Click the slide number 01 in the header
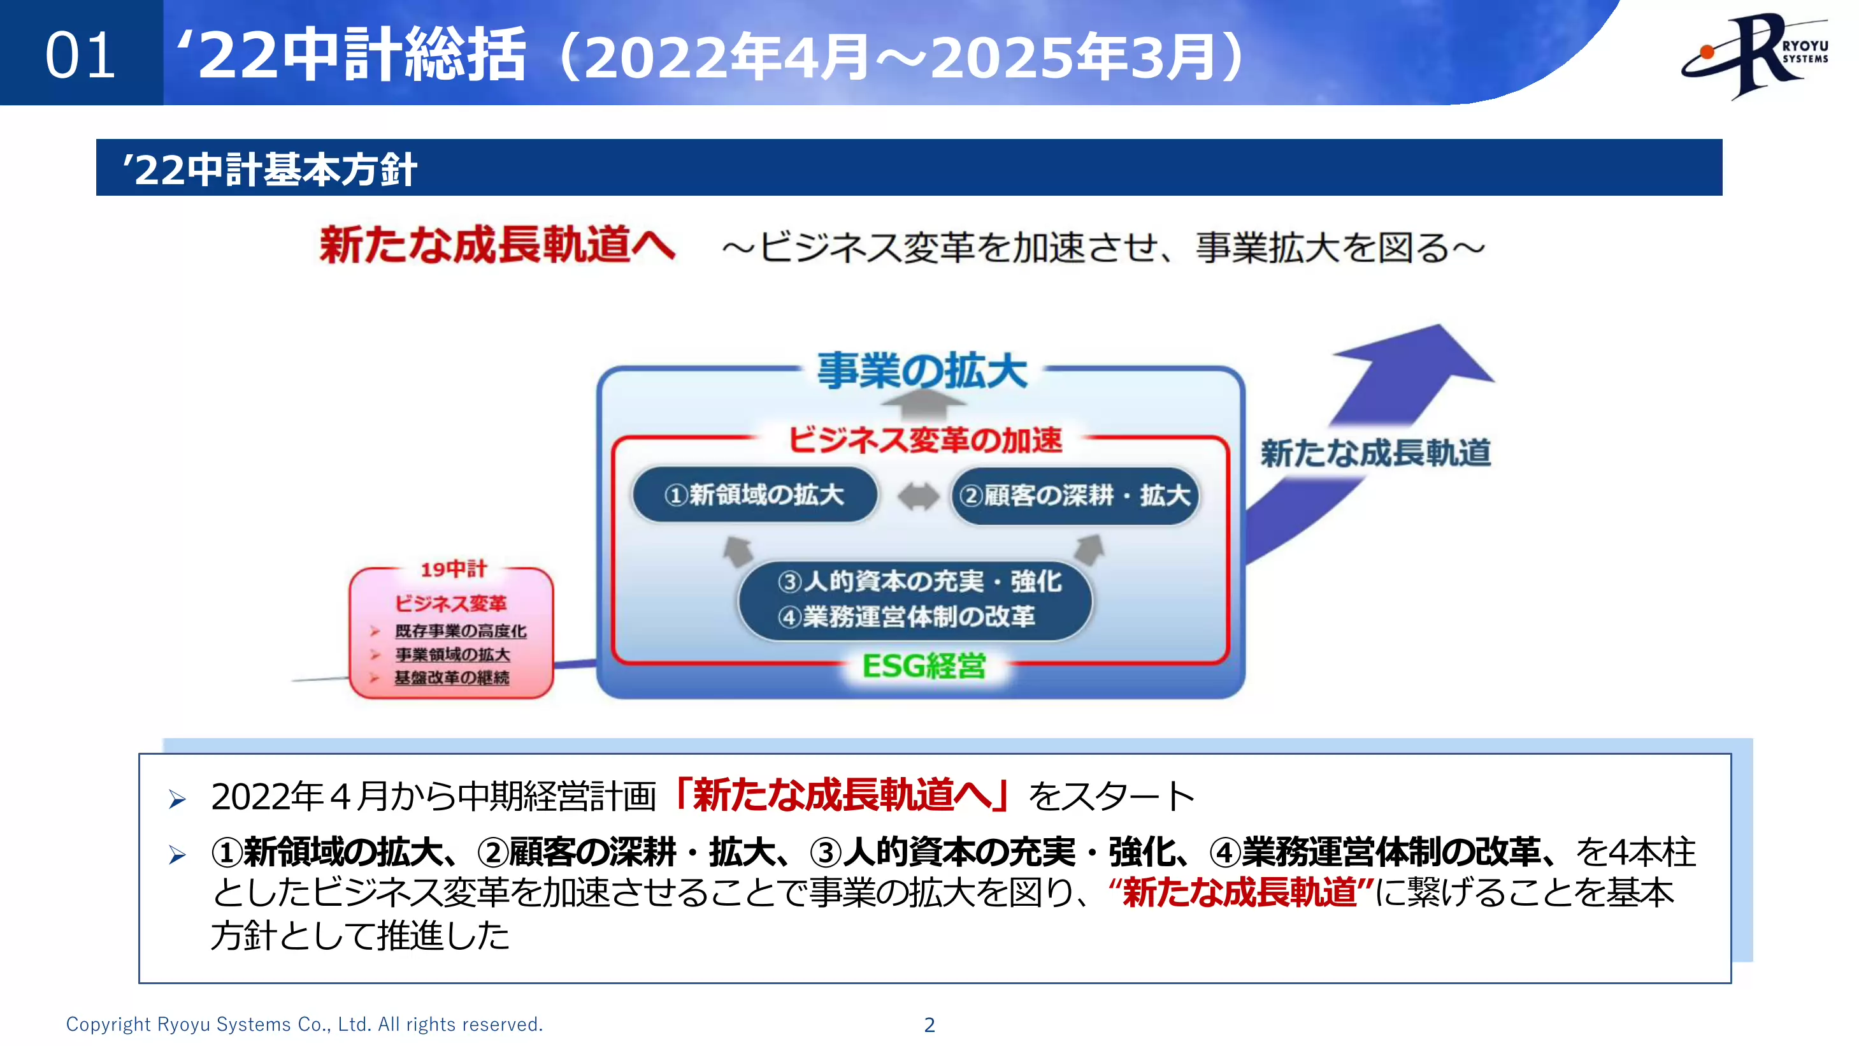[80, 55]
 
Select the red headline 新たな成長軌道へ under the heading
[497, 245]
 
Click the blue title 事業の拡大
[922, 371]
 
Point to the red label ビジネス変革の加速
[924, 440]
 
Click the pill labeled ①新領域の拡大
[754, 495]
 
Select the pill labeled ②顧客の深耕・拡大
[1075, 496]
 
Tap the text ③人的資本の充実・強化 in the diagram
[919, 581]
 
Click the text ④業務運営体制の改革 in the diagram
[907, 616]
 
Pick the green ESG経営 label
[924, 665]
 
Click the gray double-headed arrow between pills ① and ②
[918, 497]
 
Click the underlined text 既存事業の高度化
[461, 631]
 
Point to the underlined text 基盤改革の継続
[452, 678]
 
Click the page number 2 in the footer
[930, 1024]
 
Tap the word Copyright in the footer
[108, 1024]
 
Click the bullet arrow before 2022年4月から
[178, 799]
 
